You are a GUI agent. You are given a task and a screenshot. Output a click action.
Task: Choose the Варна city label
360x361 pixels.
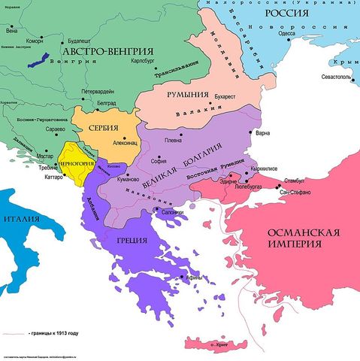click(x=262, y=134)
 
